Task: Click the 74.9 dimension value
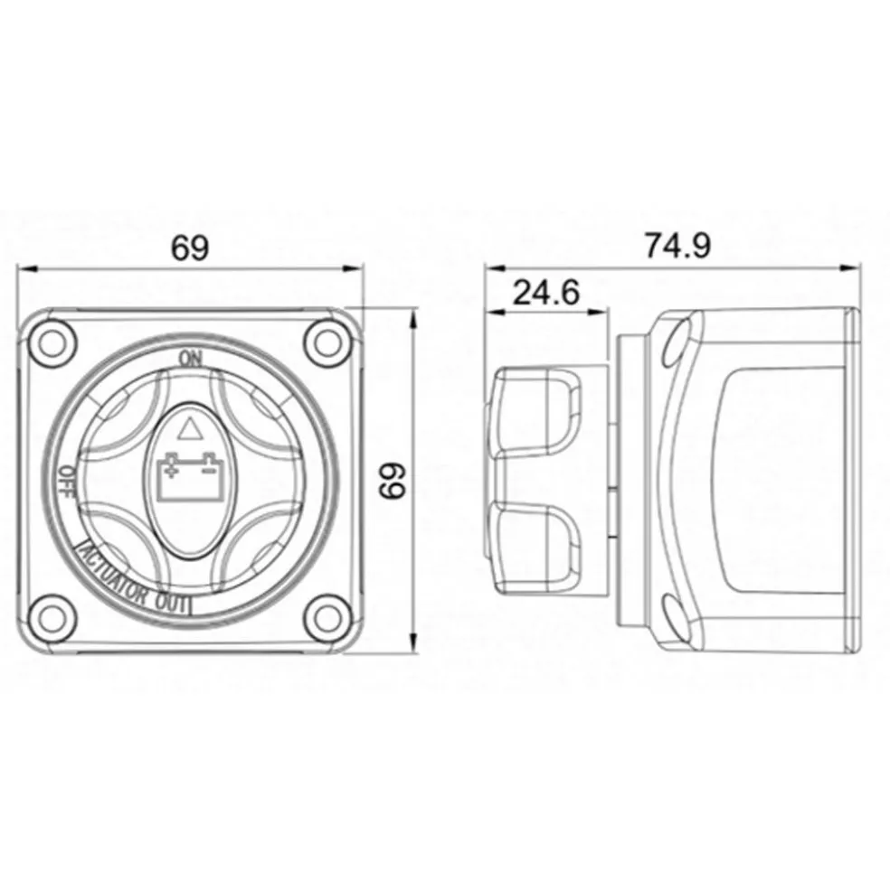click(677, 246)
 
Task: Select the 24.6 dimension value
click(546, 293)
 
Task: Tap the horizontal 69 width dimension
click(190, 248)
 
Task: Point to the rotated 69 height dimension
click(393, 480)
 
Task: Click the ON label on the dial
click(190, 360)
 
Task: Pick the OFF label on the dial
click(68, 482)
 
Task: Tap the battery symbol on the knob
click(190, 477)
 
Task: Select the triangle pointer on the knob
click(190, 428)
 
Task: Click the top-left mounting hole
click(52, 342)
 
